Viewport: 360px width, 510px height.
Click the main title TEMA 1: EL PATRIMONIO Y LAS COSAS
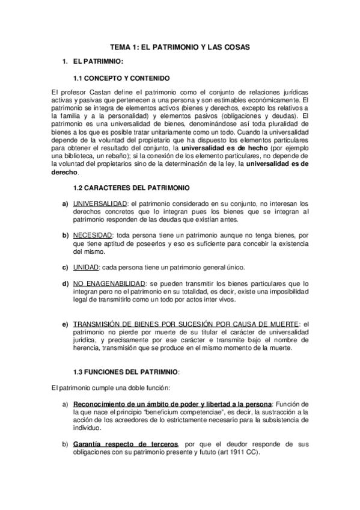180,46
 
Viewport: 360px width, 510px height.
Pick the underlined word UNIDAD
86,266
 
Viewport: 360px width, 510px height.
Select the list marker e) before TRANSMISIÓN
64,324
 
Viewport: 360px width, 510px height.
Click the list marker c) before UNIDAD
64,266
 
